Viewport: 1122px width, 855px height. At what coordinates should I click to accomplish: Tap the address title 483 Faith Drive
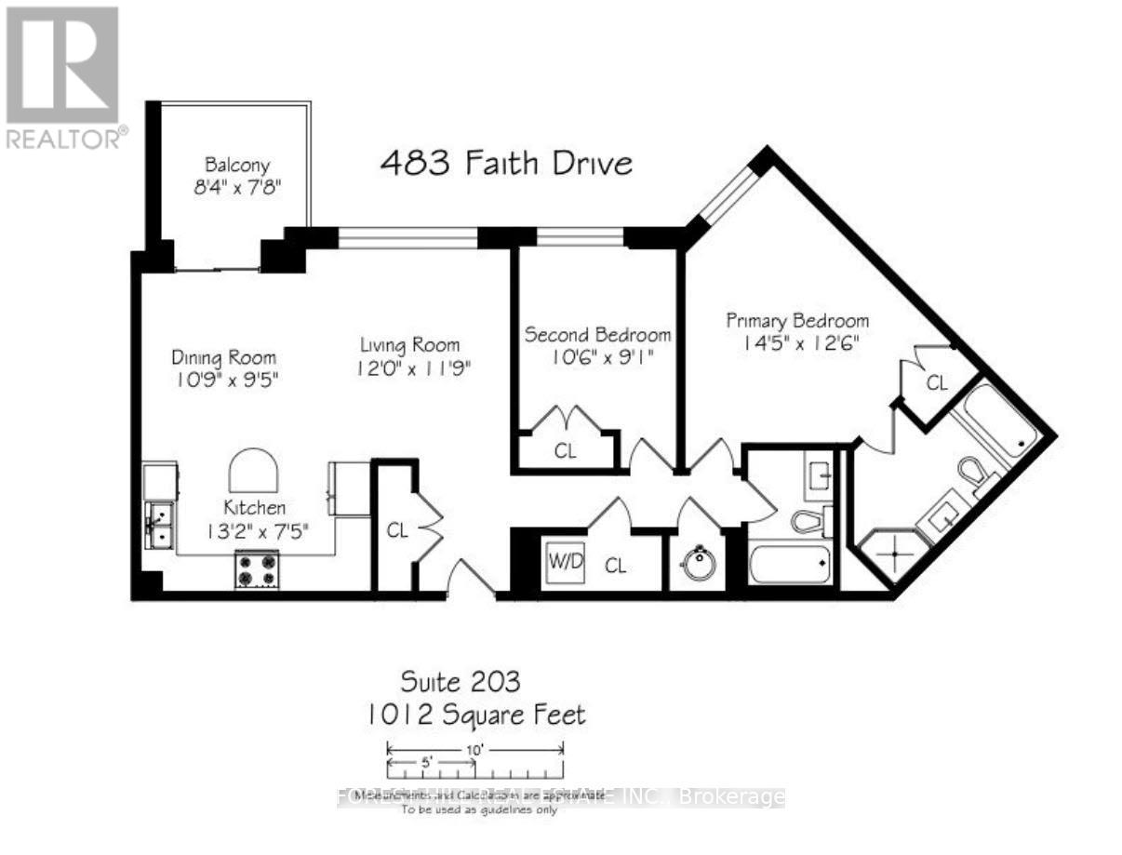coord(506,164)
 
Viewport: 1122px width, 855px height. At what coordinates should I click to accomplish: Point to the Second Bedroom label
coord(597,334)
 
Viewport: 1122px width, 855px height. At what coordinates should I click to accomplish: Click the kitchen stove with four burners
coord(258,569)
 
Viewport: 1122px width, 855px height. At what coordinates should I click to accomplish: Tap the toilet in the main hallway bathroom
coord(808,521)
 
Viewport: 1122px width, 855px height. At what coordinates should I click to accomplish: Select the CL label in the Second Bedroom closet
coord(566,452)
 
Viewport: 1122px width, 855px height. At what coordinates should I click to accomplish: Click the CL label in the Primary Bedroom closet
coord(936,382)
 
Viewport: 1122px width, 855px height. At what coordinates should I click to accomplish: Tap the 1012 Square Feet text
coord(476,715)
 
